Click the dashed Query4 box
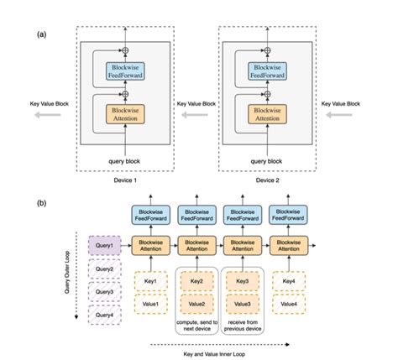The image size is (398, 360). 105,315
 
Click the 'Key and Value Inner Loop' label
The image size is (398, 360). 220,354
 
